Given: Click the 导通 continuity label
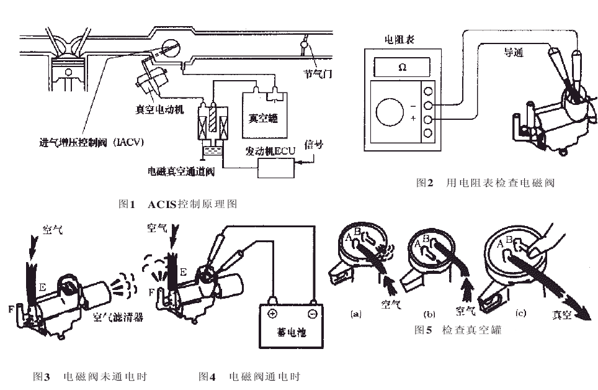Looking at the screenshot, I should pyautogui.click(x=513, y=53).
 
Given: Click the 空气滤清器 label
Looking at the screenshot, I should pyautogui.click(x=118, y=317).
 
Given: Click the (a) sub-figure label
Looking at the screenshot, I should pyautogui.click(x=356, y=315).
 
